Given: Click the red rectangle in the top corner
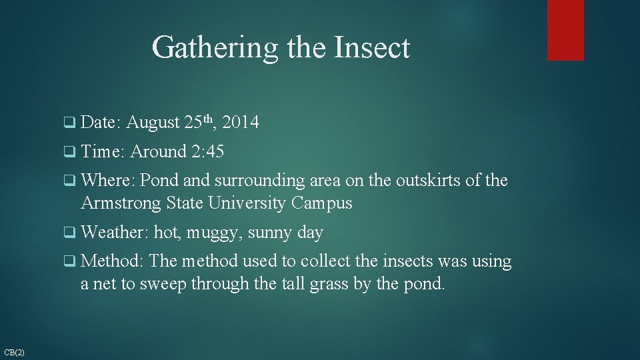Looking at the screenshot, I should [565, 30].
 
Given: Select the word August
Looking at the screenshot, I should [153, 123].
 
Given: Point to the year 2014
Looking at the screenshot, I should [241, 123].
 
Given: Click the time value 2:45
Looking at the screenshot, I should [207, 152].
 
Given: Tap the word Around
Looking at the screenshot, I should [159, 152].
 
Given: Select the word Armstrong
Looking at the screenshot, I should [121, 203].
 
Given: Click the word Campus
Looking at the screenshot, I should [321, 203].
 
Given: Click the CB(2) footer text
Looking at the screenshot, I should [14, 351].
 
